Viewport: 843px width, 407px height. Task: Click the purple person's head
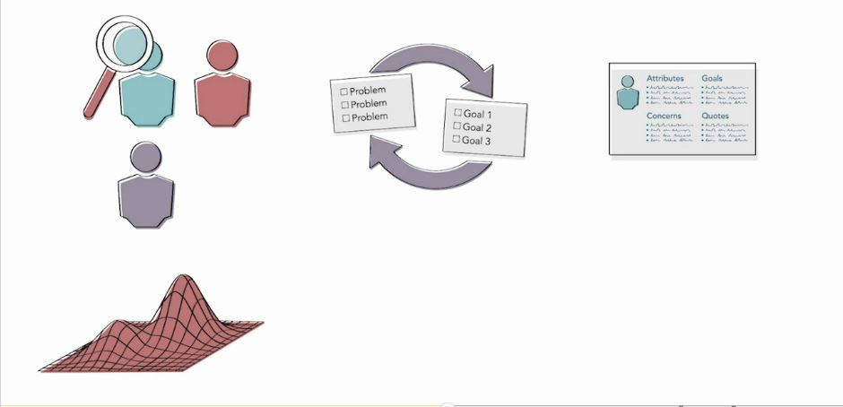[145, 157]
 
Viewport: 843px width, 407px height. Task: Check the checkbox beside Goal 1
[458, 113]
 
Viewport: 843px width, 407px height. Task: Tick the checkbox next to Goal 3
[456, 139]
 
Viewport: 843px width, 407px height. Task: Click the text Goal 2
[478, 127]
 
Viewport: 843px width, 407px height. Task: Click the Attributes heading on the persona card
[665, 79]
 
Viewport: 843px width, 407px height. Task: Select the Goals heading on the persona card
[713, 79]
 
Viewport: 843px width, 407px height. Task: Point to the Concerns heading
[664, 117]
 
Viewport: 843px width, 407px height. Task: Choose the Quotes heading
[716, 117]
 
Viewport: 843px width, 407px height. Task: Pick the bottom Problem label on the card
[369, 117]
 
